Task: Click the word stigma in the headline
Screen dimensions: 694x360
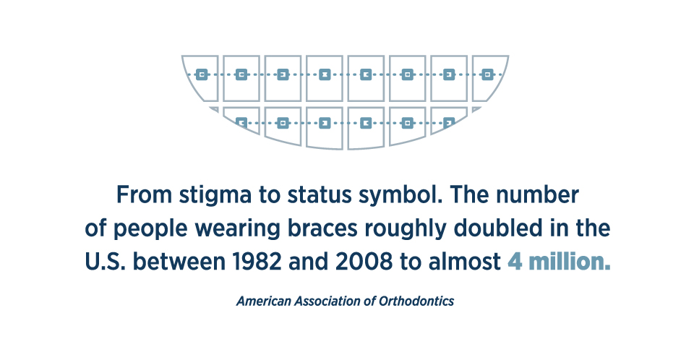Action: [x=215, y=196]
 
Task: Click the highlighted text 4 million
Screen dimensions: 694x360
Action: [x=559, y=262]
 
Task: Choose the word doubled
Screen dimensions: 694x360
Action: [x=498, y=228]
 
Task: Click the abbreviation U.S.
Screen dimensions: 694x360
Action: [x=106, y=262]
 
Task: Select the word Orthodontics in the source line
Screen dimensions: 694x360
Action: [x=416, y=301]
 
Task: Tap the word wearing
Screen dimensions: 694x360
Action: [x=238, y=229]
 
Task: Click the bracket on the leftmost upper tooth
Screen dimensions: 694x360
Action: [x=202, y=75]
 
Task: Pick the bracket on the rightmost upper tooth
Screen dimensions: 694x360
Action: [x=487, y=75]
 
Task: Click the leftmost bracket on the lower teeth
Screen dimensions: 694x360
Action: [x=241, y=123]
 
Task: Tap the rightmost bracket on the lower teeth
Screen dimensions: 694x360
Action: [x=449, y=122]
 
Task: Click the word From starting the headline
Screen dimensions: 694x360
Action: [x=144, y=195]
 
